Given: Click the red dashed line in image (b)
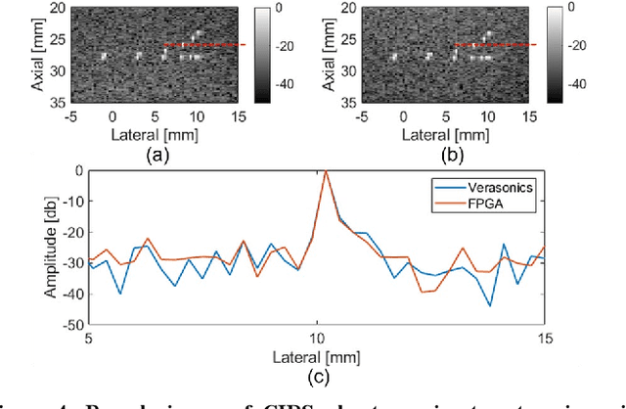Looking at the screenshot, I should (493, 45).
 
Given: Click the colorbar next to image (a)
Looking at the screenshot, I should (261, 55).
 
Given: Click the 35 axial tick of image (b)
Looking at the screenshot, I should (333, 102).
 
